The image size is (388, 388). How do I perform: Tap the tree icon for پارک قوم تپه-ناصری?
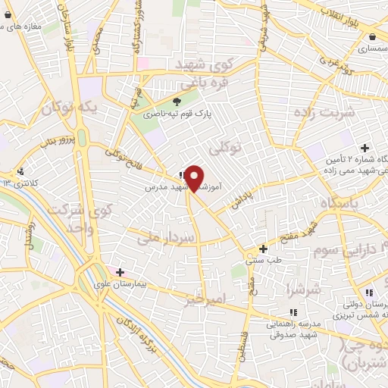pos(177,101)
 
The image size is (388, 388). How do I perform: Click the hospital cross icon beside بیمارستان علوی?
pos(119,271)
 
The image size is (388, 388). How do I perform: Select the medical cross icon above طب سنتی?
pos(264,249)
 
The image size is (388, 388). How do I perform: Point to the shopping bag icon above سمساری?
pos(372,36)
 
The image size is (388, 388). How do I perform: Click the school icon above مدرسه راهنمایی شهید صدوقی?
pos(293,311)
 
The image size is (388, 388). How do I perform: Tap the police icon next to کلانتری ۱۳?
pos(21,171)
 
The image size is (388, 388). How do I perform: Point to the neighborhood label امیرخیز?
pos(205,299)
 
